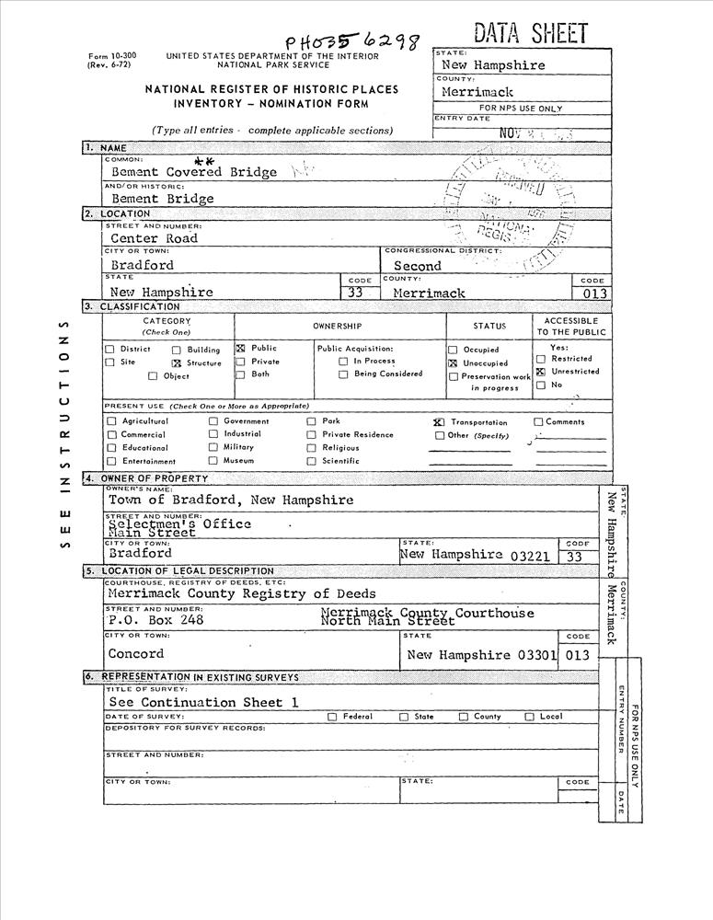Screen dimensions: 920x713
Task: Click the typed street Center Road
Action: (x=154, y=238)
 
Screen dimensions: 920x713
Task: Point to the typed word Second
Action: (x=418, y=266)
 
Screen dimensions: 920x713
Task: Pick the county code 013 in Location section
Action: (x=590, y=293)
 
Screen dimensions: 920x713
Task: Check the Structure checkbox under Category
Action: (x=178, y=363)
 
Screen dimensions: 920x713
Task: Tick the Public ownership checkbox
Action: (x=240, y=349)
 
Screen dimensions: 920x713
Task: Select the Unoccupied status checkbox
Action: (x=453, y=363)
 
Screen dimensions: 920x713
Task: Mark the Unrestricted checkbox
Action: (x=541, y=372)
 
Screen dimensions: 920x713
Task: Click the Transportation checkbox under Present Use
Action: (x=439, y=421)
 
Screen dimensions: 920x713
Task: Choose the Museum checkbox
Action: (x=213, y=460)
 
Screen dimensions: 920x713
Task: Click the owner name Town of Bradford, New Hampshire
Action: (x=231, y=500)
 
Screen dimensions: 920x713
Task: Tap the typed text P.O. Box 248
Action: (x=155, y=619)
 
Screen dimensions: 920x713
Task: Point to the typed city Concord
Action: (x=136, y=654)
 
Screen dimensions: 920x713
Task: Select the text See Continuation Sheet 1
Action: (x=204, y=702)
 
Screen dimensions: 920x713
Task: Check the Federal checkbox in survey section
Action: (x=332, y=717)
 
